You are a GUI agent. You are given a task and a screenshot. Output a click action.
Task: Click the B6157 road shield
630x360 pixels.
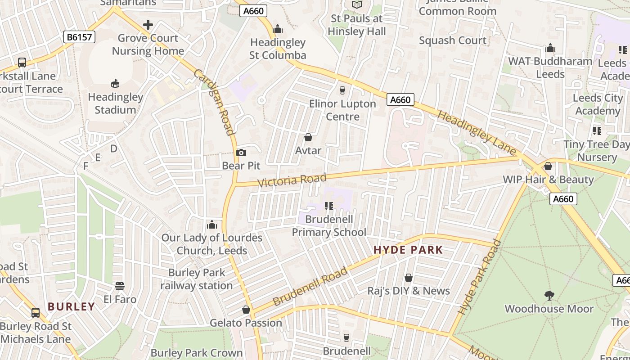pyautogui.click(x=79, y=37)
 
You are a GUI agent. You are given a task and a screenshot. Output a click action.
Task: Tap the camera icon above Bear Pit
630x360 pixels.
pyautogui.click(x=241, y=153)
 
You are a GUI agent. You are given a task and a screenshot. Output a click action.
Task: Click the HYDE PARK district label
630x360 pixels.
pyautogui.click(x=408, y=250)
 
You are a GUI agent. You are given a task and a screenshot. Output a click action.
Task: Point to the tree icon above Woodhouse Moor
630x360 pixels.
pyautogui.click(x=549, y=296)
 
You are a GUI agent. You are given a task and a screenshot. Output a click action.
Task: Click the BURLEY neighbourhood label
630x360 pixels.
pyautogui.click(x=72, y=307)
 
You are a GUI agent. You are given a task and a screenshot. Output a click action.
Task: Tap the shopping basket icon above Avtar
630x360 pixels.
pyautogui.click(x=308, y=137)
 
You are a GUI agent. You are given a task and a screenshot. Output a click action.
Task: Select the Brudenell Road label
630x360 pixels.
pyautogui.click(x=310, y=286)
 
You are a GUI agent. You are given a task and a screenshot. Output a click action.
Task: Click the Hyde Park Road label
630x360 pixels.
pyautogui.click(x=480, y=277)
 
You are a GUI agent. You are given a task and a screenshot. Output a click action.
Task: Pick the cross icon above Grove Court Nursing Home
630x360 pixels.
pyautogui.click(x=148, y=25)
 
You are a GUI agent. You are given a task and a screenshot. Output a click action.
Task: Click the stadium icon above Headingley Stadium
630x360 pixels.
pyautogui.click(x=115, y=83)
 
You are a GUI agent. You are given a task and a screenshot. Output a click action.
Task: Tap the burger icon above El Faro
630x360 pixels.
pyautogui.click(x=120, y=286)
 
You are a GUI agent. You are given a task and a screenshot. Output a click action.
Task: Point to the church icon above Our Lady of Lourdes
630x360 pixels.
pyautogui.click(x=211, y=225)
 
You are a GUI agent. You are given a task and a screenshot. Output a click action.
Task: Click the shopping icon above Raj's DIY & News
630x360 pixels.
pyautogui.click(x=409, y=278)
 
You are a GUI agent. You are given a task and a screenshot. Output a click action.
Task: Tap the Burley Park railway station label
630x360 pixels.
pyautogui.click(x=197, y=279)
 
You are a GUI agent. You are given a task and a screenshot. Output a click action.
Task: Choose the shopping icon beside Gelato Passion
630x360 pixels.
pyautogui.click(x=246, y=310)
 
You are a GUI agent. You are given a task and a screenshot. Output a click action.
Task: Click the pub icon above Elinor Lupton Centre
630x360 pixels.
pyautogui.click(x=342, y=90)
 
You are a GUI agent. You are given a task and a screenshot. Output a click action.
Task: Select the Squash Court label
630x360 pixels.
pyautogui.click(x=453, y=40)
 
